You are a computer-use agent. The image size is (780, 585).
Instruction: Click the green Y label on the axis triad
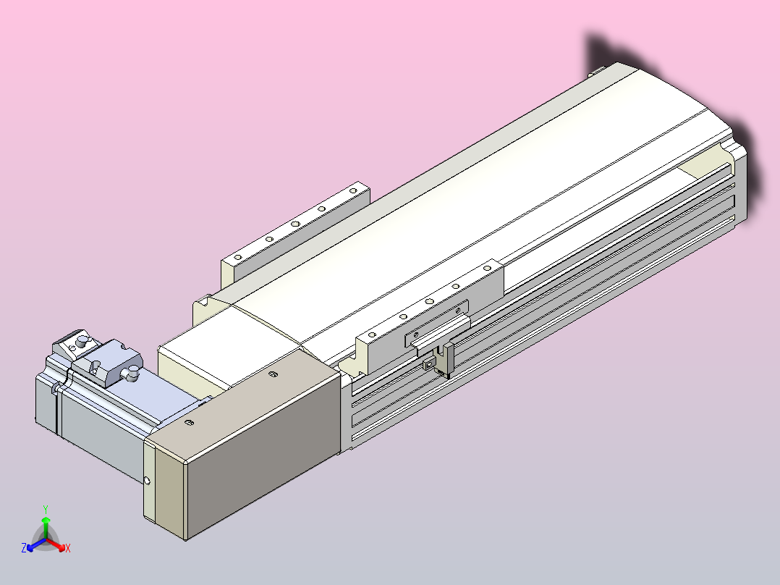(46, 509)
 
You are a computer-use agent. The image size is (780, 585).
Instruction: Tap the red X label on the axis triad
(68, 548)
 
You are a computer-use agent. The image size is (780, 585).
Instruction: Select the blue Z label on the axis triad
(24, 547)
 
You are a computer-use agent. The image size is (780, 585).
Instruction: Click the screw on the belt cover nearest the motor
(189, 424)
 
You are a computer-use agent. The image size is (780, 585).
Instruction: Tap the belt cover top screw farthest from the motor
(272, 374)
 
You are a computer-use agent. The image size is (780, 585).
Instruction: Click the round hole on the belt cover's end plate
(147, 481)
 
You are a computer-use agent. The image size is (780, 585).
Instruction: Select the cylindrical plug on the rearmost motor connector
(82, 342)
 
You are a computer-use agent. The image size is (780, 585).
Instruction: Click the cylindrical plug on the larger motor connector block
(133, 371)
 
